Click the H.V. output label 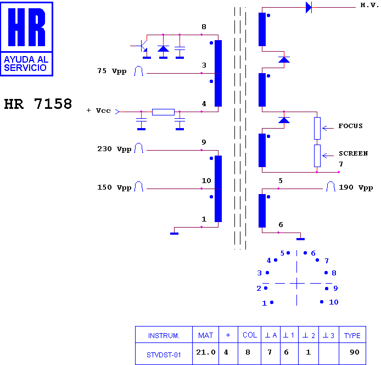pyautogui.click(x=369, y=5)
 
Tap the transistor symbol pyautogui.click(x=142, y=46)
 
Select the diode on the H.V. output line pyautogui.click(x=309, y=7)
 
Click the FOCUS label pyautogui.click(x=350, y=126)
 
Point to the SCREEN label pyautogui.click(x=354, y=153)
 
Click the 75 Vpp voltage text pyautogui.click(x=112, y=71)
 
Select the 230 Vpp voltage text pyautogui.click(x=114, y=149)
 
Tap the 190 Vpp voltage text pyautogui.click(x=356, y=187)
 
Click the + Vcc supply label pyautogui.click(x=99, y=110)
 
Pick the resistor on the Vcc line pyautogui.click(x=163, y=112)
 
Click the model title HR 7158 pyautogui.click(x=38, y=104)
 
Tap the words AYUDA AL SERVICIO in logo pyautogui.click(x=26, y=64)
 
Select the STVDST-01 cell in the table pyautogui.click(x=164, y=355)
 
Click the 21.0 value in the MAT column pyautogui.click(x=205, y=352)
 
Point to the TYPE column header pyautogui.click(x=352, y=335)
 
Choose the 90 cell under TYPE pyautogui.click(x=355, y=352)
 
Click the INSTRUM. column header pyautogui.click(x=164, y=336)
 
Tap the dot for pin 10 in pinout pyautogui.click(x=322, y=302)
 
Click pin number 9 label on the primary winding pyautogui.click(x=204, y=142)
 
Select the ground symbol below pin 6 pyautogui.click(x=300, y=239)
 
